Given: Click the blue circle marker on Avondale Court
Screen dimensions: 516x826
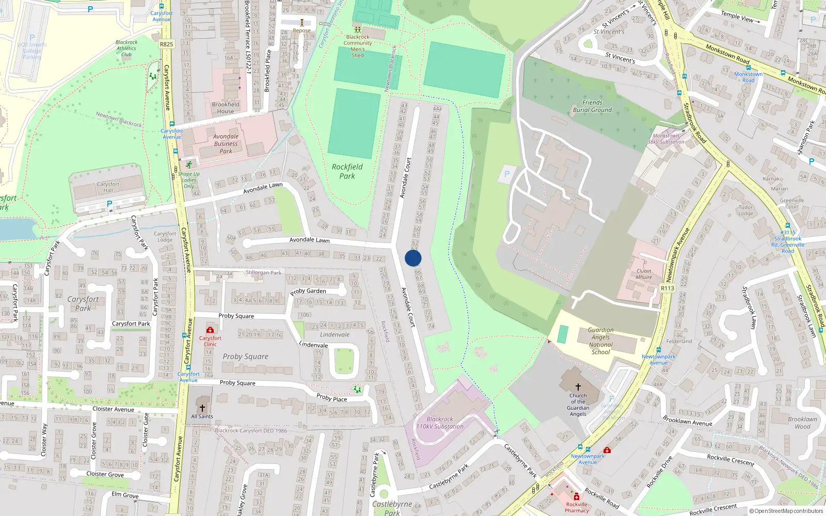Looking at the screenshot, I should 413,258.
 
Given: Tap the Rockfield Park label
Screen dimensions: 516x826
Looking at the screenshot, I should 347,171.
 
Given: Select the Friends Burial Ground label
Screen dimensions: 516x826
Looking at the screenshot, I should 592,106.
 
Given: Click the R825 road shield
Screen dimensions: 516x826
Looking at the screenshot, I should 166,44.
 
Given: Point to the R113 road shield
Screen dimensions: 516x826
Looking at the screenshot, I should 668,288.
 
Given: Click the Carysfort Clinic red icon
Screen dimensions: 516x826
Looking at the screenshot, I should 210,330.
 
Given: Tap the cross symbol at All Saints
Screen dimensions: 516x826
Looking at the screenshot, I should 202,408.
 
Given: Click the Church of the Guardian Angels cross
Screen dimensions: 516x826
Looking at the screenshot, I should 578,386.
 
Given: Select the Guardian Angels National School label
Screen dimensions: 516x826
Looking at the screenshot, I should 600,341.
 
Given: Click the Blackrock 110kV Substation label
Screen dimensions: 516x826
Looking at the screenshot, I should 440,423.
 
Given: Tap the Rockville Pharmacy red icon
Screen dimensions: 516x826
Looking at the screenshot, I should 577,497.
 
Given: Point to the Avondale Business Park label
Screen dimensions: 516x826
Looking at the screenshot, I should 226,144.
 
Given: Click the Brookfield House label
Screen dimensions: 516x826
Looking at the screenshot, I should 226,107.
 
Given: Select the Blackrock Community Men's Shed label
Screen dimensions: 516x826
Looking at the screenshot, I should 358,46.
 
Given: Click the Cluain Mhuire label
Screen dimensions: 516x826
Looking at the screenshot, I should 644,274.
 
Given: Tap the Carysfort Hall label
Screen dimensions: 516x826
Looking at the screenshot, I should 108,187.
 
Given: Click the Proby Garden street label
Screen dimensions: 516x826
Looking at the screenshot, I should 308,292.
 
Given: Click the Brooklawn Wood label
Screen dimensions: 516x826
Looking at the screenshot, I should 802,423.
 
